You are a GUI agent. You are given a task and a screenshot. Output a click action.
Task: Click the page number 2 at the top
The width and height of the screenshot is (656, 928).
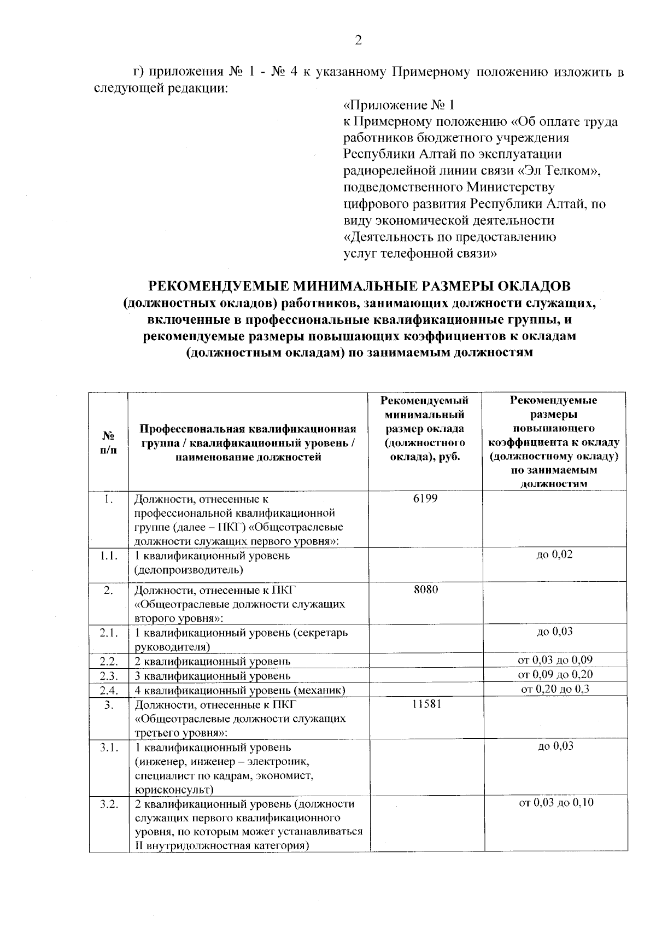click(x=358, y=40)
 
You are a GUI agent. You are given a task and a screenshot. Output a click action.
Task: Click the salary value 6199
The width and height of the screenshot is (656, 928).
click(x=425, y=499)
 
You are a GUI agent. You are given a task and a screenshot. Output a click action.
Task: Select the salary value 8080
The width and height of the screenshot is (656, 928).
click(x=425, y=590)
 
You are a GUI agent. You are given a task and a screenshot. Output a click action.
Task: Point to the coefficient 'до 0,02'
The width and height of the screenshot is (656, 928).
click(x=555, y=555)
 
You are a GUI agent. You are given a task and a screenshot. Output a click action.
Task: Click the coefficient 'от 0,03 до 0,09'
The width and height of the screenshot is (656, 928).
click(x=555, y=659)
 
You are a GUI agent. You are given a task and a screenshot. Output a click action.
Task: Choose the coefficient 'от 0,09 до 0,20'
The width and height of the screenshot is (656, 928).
click(x=555, y=674)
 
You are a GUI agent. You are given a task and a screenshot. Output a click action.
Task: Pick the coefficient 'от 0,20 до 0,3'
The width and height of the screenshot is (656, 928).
click(x=555, y=689)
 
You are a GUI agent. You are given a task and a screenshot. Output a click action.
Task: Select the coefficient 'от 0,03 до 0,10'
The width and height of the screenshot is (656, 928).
click(x=555, y=803)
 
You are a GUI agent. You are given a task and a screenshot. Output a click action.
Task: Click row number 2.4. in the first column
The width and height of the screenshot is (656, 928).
click(x=109, y=690)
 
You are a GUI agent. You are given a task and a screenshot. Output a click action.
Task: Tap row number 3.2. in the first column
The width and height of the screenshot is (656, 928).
click(x=109, y=804)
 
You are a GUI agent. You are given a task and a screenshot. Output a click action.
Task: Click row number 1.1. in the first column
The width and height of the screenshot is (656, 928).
click(x=109, y=556)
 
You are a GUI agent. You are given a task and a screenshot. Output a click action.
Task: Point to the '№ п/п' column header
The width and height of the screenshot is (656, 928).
click(x=108, y=442)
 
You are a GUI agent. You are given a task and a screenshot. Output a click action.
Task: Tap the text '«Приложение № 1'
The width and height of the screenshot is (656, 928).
click(x=399, y=105)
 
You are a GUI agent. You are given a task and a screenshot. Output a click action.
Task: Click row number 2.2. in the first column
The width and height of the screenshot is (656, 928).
click(x=109, y=661)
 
